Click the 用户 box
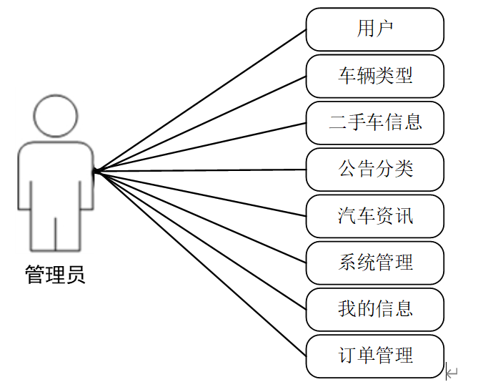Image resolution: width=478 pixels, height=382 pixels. point(375,29)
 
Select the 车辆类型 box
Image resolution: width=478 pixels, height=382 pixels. point(375,76)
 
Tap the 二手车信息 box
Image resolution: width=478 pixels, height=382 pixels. point(375,122)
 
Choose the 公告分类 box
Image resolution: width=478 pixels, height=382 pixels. point(375,170)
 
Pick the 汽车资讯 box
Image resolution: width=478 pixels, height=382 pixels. point(375,216)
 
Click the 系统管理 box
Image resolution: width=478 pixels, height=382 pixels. point(375,263)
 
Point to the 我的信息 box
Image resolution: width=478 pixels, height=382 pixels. point(375,309)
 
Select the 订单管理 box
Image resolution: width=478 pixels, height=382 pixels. point(375,356)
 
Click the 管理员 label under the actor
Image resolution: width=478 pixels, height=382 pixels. point(56,275)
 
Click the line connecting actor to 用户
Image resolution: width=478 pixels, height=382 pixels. point(200,101)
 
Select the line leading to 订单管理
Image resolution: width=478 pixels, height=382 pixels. point(200,263)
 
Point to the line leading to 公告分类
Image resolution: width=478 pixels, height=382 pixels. point(200,170)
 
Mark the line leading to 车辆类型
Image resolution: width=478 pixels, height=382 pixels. point(200,124)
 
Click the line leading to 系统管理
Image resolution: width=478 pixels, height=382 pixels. point(200,217)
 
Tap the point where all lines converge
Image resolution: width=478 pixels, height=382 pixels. point(95,171)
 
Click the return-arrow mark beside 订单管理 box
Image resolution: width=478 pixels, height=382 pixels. point(452,371)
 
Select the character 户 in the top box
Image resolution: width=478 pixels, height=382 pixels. point(386,29)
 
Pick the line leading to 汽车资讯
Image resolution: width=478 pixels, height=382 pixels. point(200,193)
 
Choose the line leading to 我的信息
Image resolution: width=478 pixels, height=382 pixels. point(200,240)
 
